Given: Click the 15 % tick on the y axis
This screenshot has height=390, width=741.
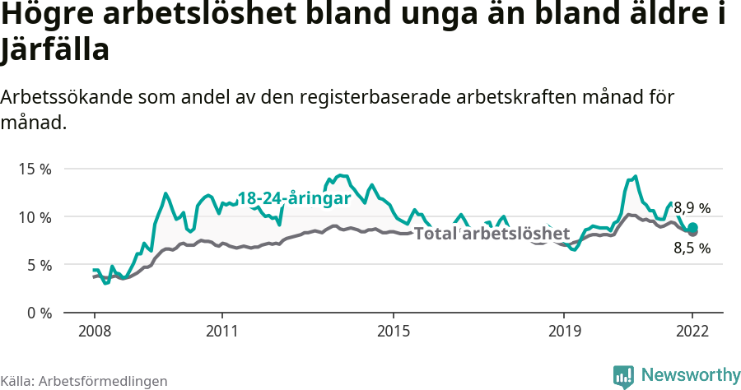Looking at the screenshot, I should (34, 169).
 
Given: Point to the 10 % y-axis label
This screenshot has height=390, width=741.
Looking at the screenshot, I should (34, 217).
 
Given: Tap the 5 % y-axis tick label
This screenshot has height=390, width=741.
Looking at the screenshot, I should (37, 265).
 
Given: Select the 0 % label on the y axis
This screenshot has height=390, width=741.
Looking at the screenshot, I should (37, 313).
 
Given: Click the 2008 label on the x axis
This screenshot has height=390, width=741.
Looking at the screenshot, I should (94, 331).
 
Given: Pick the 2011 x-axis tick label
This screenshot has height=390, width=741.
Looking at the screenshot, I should (222, 331).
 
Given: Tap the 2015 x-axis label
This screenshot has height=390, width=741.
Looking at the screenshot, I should (394, 331).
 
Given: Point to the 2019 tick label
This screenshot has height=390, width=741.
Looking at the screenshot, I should (564, 331).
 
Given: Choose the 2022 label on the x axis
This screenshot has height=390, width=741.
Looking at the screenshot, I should (692, 331).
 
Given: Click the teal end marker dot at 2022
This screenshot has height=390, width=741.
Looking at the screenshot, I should (693, 228).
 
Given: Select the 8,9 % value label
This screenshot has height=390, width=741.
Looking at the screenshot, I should (691, 208).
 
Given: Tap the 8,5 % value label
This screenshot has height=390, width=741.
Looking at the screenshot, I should (691, 248).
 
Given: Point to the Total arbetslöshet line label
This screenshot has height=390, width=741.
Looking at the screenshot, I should (492, 234).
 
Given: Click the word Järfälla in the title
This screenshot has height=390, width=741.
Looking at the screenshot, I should (55, 50).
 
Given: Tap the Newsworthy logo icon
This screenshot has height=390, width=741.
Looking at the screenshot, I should (623, 376).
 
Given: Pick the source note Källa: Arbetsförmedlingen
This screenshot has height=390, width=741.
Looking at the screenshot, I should (84, 381).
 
